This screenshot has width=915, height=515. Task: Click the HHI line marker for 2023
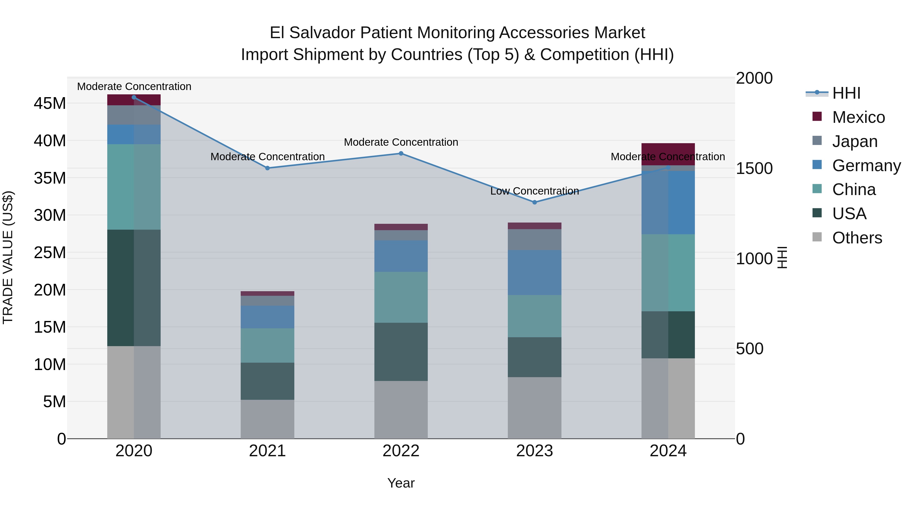coord(534,202)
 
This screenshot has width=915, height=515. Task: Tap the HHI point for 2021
coord(267,168)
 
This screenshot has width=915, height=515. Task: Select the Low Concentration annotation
coord(534,191)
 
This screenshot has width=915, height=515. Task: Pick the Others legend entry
coord(857,238)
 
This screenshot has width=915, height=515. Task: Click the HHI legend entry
coord(846,93)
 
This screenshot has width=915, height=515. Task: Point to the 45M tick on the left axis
coord(50,104)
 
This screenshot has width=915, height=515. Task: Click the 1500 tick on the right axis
coord(754,168)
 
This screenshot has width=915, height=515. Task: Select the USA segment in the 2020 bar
coord(134,288)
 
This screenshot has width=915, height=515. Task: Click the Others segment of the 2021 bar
coord(267,419)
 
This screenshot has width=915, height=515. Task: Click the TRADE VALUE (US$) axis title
coord(8,257)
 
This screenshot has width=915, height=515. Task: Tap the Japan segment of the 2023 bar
coord(534,240)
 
